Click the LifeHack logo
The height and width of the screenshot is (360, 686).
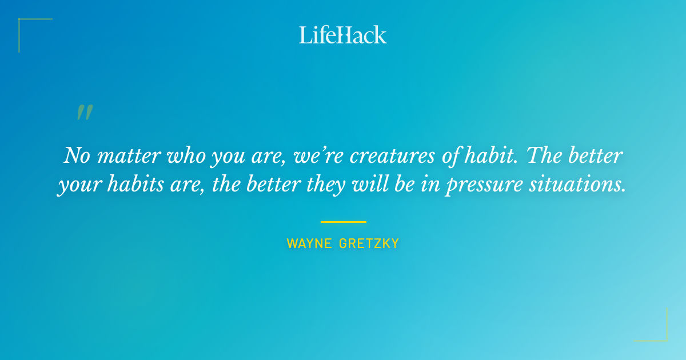tap(342, 35)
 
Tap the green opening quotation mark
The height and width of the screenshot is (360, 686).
tap(85, 113)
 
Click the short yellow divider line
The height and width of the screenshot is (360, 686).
tap(343, 222)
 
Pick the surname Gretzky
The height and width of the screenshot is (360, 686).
tap(369, 243)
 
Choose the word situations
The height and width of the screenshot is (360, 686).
tap(584, 186)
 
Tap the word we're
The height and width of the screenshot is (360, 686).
tap(315, 155)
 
